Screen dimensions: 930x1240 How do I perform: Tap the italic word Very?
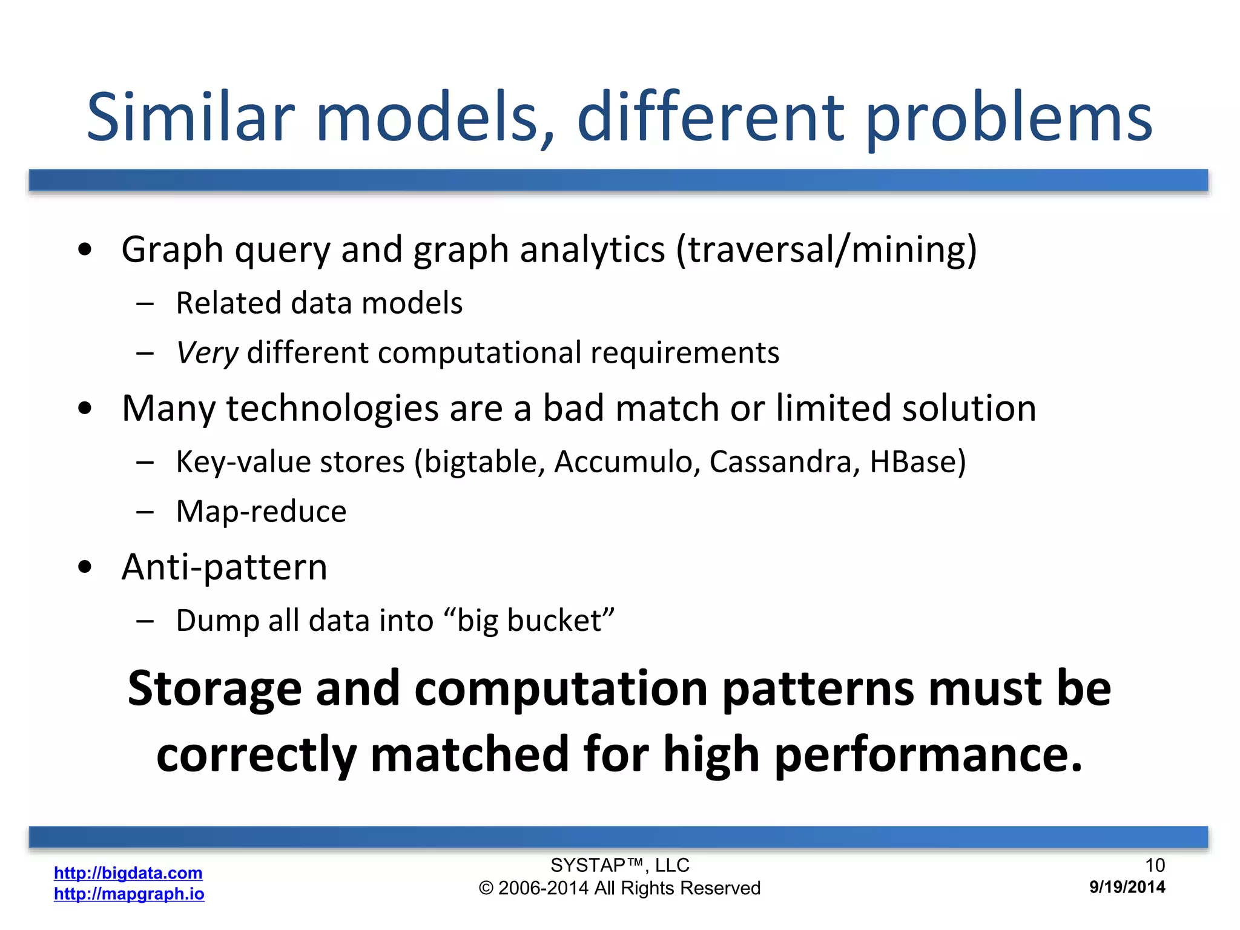207,353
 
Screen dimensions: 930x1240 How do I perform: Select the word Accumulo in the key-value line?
627,462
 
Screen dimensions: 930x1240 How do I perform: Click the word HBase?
913,462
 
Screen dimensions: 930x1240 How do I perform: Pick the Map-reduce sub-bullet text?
261,512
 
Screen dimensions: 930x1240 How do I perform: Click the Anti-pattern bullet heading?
224,567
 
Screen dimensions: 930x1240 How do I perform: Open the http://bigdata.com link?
128,872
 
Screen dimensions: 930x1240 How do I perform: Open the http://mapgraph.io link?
129,894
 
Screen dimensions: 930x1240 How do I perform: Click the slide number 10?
1155,865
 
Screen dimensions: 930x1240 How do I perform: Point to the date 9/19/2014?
1127,887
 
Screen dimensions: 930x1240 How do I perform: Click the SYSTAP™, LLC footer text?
619,865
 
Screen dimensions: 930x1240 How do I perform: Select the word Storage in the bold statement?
214,690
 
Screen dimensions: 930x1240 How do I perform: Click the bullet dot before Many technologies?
85,409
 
